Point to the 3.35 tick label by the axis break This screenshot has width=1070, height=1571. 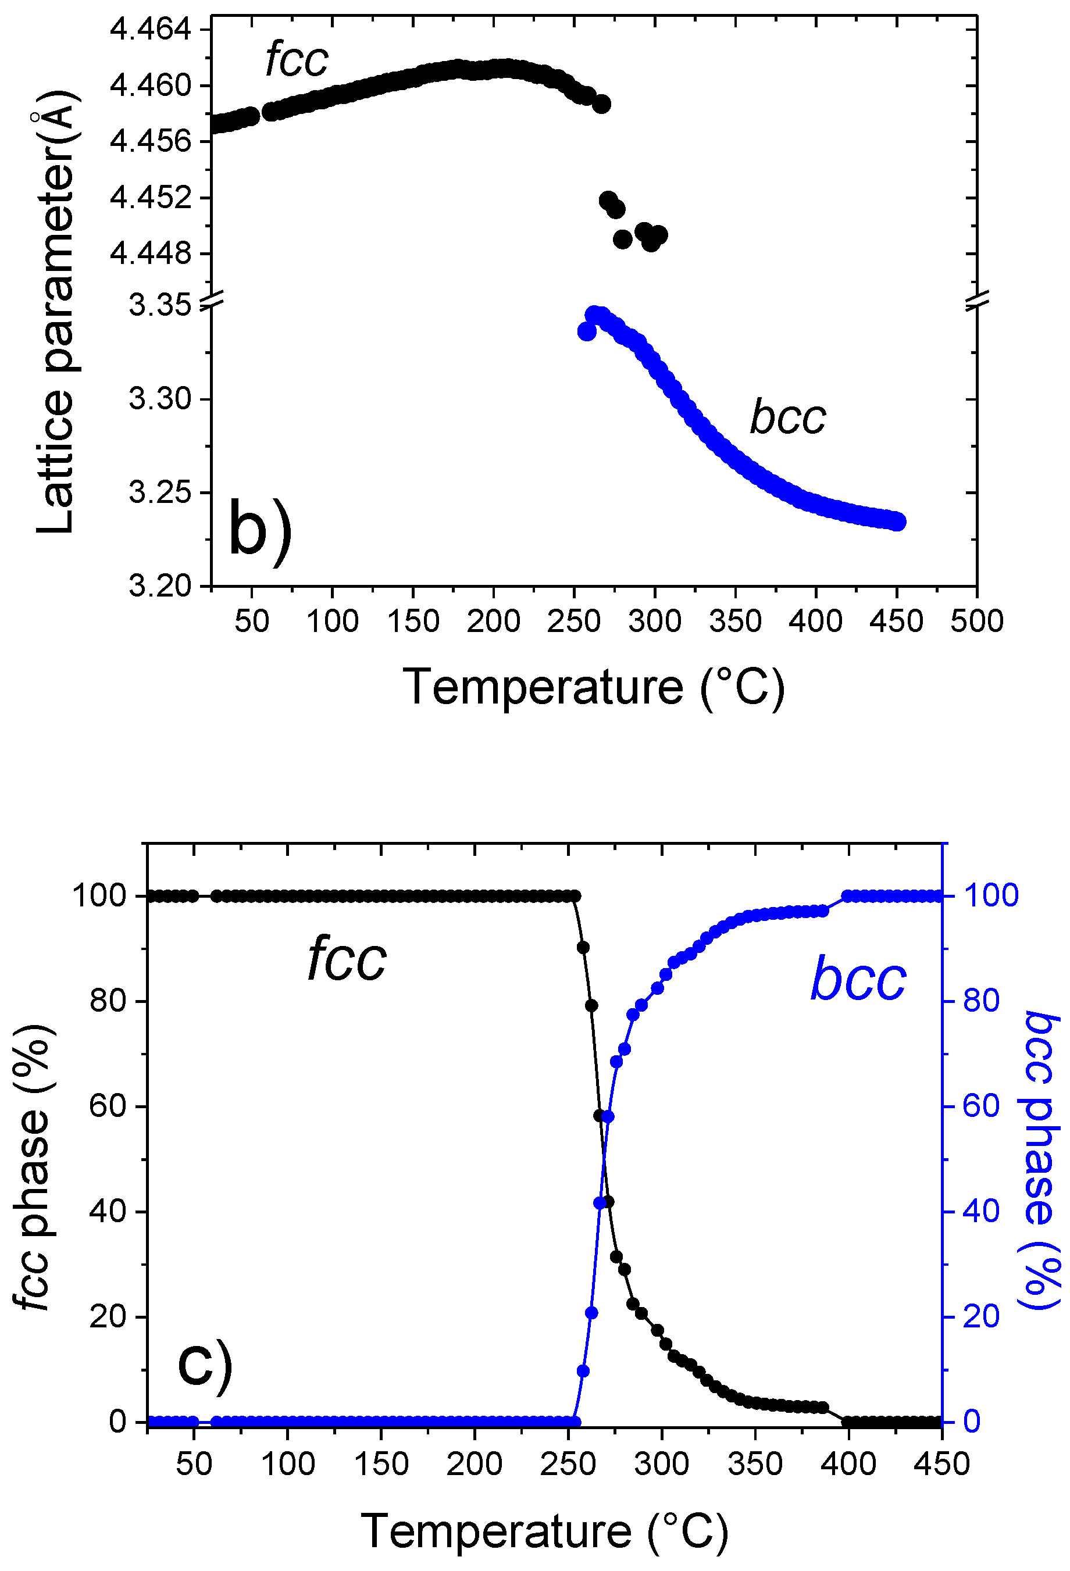click(159, 306)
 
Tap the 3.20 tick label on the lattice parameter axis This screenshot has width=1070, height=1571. click(159, 586)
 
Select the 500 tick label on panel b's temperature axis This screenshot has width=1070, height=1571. click(976, 621)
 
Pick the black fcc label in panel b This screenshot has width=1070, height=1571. click(297, 60)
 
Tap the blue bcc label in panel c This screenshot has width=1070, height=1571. click(857, 980)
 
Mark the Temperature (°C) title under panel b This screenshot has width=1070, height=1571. click(594, 687)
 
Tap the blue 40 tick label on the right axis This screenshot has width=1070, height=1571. click(982, 1211)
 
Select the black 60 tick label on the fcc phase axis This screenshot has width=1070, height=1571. click(108, 1106)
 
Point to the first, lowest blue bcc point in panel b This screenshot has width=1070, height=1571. click(587, 332)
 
